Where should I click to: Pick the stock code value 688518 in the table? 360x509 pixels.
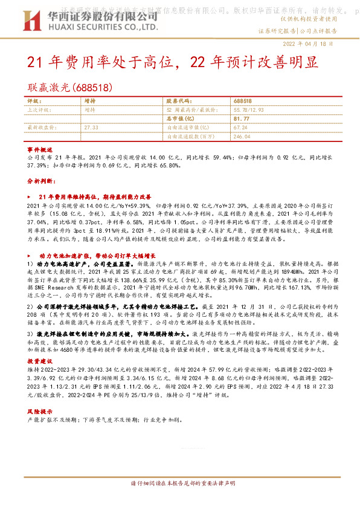pyautogui.click(x=243, y=102)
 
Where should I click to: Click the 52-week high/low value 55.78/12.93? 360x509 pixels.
pyautogui.click(x=250, y=110)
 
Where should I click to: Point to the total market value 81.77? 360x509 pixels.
pyautogui.click(x=242, y=119)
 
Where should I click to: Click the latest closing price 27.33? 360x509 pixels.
pyautogui.click(x=91, y=128)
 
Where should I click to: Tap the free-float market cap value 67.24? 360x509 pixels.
pyautogui.click(x=240, y=128)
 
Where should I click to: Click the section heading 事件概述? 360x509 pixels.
pyautogui.click(x=37, y=148)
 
